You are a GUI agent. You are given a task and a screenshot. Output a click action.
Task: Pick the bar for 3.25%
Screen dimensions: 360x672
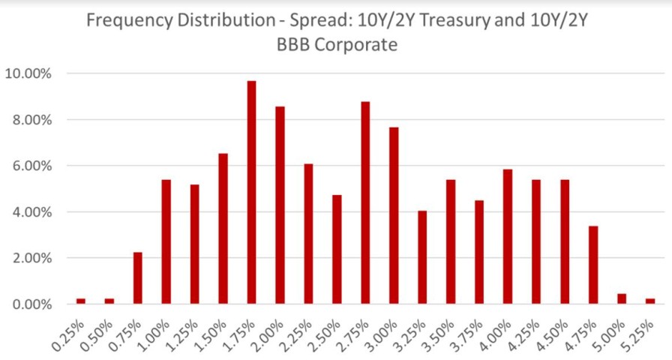pyautogui.click(x=422, y=257)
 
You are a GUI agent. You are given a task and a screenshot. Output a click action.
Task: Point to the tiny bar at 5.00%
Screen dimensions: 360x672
pyautogui.click(x=622, y=298)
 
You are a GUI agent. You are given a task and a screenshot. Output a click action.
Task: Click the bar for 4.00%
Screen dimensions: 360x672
pyautogui.click(x=508, y=236)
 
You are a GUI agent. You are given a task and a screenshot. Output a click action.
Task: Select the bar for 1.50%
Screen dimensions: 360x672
pyautogui.click(x=223, y=229)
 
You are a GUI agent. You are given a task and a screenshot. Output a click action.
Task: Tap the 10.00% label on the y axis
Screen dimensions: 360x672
pyautogui.click(x=28, y=73)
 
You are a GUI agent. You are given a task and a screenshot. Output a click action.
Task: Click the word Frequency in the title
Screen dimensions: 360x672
pyautogui.click(x=124, y=20)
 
